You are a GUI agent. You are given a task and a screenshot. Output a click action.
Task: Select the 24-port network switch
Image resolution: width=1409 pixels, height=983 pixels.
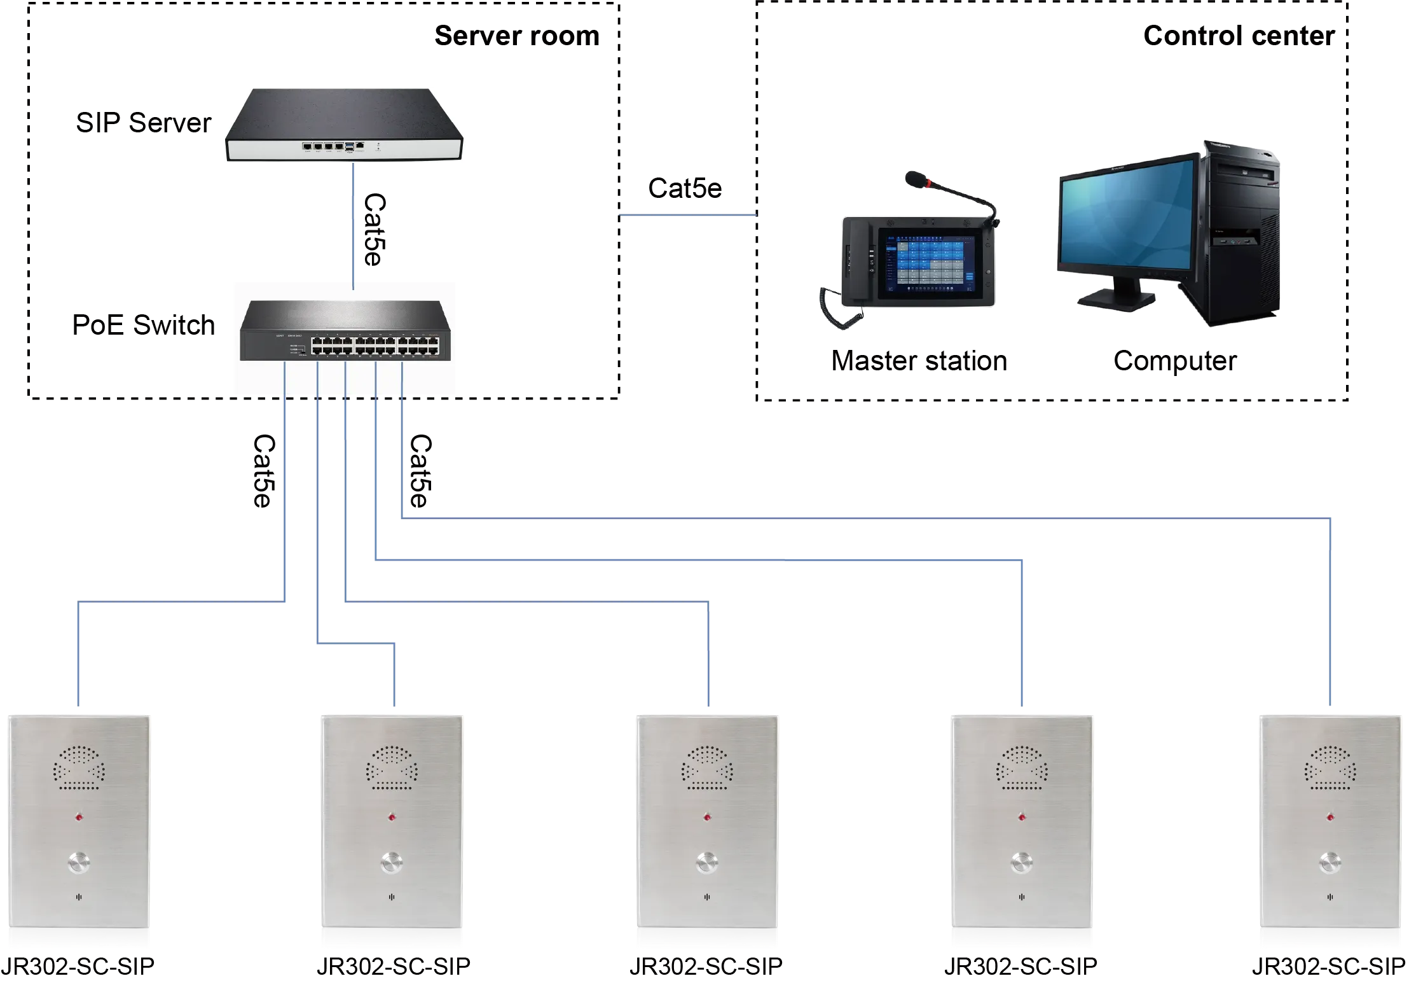pyautogui.click(x=345, y=331)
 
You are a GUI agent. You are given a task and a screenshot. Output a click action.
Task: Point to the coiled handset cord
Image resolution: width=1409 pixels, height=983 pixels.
pyautogui.click(x=841, y=308)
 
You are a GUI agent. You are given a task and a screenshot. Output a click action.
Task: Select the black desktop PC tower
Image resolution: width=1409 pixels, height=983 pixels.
pyautogui.click(x=1240, y=235)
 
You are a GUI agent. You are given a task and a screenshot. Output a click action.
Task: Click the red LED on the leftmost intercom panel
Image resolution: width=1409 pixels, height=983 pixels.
pyautogui.click(x=79, y=817)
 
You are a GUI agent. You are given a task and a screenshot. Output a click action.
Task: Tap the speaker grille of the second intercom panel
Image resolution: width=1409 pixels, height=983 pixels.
pyautogui.click(x=392, y=768)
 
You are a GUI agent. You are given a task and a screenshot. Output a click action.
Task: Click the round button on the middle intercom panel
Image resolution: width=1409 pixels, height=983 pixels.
pyautogui.click(x=706, y=863)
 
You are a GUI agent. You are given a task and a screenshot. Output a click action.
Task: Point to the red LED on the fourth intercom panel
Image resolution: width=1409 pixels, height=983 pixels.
pyautogui.click(x=1022, y=817)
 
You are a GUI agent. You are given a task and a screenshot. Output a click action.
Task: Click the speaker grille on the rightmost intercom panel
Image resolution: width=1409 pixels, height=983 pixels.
pyautogui.click(x=1330, y=768)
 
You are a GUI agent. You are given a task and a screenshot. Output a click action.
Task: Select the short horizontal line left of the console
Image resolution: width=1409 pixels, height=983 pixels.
pyautogui.click(x=687, y=216)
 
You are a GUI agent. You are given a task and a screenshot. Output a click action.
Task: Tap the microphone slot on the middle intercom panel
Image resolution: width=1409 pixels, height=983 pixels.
pyautogui.click(x=706, y=897)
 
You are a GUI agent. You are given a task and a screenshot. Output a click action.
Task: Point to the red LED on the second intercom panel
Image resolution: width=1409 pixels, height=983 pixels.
pyautogui.click(x=392, y=817)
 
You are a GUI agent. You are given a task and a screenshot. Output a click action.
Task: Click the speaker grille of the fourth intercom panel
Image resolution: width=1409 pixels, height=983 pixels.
pyautogui.click(x=1021, y=768)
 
